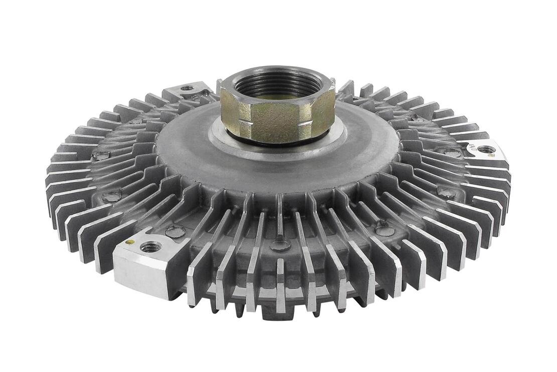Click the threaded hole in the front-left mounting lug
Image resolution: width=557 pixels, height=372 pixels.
(x=151, y=247)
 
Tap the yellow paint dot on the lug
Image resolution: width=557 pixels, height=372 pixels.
(x=129, y=242)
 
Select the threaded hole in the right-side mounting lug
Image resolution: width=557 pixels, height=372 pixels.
(x=486, y=149)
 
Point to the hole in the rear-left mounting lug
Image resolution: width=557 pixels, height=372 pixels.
(x=187, y=88)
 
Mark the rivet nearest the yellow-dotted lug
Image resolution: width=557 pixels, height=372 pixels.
(x=175, y=232)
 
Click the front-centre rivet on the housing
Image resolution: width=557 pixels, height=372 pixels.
(x=281, y=245)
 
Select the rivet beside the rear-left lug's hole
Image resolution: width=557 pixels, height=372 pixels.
(x=206, y=92)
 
